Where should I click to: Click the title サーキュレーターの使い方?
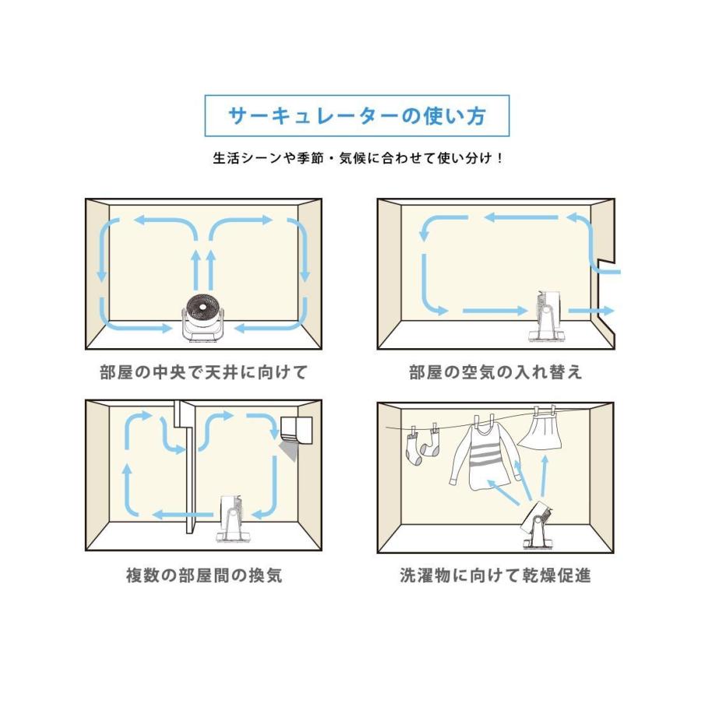pos(357,116)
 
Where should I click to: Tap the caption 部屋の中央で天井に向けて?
pos(204,372)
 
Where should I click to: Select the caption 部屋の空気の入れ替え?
pos(495,372)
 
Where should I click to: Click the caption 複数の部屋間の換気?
pos(204,576)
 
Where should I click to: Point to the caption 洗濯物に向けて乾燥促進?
pos(495,576)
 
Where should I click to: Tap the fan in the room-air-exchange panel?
pos(547,315)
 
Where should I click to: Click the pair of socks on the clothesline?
pos(420,447)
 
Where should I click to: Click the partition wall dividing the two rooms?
pos(188,467)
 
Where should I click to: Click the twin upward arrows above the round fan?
pos(201,269)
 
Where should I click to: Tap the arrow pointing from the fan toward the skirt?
pos(543,476)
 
